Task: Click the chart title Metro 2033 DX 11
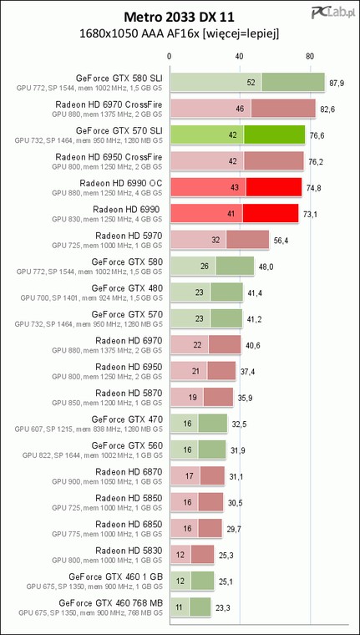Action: coord(179,17)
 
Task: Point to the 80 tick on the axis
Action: coord(310,56)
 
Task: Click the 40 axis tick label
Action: coord(240,56)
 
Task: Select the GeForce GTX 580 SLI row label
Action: coord(119,77)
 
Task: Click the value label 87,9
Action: coord(337,84)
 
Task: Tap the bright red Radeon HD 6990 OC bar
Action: coord(236,187)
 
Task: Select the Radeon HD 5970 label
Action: coord(129,236)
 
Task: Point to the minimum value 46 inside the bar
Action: coord(240,109)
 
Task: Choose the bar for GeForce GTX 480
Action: coord(207,292)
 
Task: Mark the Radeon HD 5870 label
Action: coord(129,393)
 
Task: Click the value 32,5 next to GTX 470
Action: coord(236,424)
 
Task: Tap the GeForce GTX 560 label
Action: coord(127,445)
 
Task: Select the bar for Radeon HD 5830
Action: coord(192,555)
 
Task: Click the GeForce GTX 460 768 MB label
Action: coord(111,602)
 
